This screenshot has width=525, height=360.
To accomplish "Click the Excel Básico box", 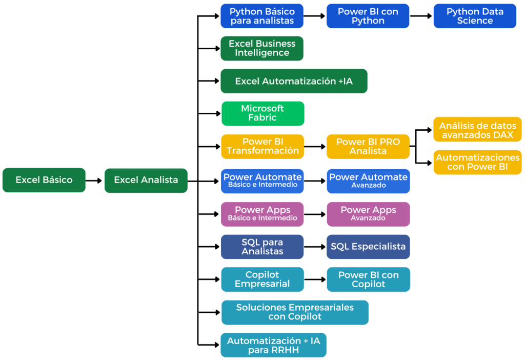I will pyautogui.click(x=44, y=180).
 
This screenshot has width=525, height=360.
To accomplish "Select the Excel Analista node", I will pyautogui.click(x=146, y=180).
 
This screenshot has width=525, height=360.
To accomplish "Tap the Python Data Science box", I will pyautogui.click(x=475, y=16).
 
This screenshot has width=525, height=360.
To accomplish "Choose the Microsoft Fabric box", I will pyautogui.click(x=262, y=113).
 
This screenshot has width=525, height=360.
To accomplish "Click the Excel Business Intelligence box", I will pyautogui.click(x=262, y=48).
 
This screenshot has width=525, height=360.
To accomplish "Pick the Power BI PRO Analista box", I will pyautogui.click(x=368, y=146).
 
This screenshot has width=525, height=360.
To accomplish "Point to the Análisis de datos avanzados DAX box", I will pyautogui.click(x=477, y=129).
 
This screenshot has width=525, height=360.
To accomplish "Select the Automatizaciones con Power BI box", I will pyautogui.click(x=477, y=162).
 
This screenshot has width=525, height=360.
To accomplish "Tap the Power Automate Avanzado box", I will pyautogui.click(x=368, y=181).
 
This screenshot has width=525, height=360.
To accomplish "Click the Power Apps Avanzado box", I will pyautogui.click(x=368, y=214).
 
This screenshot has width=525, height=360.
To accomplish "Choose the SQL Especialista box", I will pyautogui.click(x=368, y=247).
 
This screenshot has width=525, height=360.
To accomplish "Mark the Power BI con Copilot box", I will pyautogui.click(x=368, y=279).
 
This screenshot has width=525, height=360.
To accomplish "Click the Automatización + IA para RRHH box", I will pyautogui.click(x=273, y=345).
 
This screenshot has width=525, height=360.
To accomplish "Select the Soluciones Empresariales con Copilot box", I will pyautogui.click(x=295, y=312).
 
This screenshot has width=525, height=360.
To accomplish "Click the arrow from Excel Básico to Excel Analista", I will pyautogui.click(x=94, y=181).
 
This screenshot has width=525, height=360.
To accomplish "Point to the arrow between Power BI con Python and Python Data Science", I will pyautogui.click(x=421, y=16).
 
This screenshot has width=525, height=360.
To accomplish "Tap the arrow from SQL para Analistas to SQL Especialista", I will pyautogui.click(x=315, y=247).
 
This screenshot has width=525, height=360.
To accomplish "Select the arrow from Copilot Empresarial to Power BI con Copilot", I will pyautogui.click(x=315, y=280).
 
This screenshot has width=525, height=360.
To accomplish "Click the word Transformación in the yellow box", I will pyautogui.click(x=262, y=151).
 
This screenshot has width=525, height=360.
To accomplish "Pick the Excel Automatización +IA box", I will pyautogui.click(x=294, y=81).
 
